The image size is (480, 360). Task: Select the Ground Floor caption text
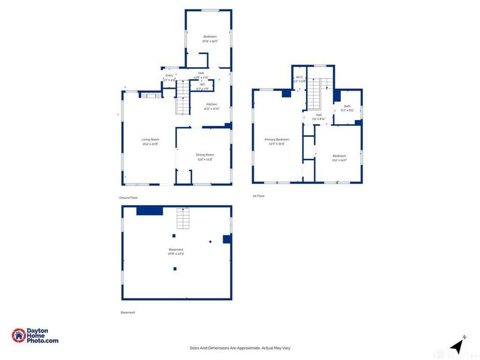(x=129, y=197)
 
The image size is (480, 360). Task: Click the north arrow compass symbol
(x=457, y=345)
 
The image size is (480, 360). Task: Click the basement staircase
(x=183, y=220)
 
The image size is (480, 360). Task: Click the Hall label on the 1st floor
(x=319, y=116)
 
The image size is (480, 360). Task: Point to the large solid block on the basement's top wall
(x=149, y=210)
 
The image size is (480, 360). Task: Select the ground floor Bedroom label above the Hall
(x=209, y=38)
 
